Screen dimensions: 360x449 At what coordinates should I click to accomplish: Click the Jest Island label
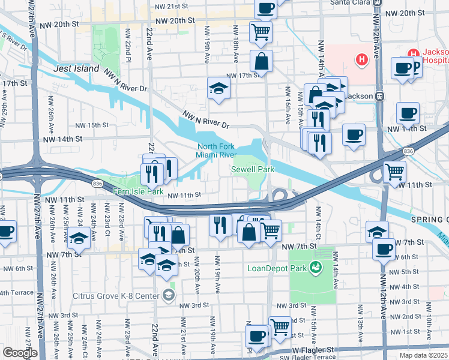(76, 68)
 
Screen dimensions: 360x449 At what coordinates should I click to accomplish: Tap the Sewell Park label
(253, 170)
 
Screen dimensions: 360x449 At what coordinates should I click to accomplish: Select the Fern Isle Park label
(139, 191)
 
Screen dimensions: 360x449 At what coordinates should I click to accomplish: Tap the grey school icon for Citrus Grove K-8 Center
(169, 295)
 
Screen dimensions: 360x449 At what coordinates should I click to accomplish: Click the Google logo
(20, 353)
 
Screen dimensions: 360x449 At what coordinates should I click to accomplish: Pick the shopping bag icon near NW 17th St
(262, 61)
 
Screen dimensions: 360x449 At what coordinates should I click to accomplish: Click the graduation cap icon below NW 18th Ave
(219, 88)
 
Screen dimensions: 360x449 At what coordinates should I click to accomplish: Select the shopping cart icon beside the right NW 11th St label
(395, 172)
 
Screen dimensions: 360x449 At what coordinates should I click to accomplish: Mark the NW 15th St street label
(92, 125)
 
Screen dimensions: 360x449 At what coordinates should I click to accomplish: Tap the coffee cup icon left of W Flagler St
(257, 336)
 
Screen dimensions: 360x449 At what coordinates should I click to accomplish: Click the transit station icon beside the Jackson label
(379, 96)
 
